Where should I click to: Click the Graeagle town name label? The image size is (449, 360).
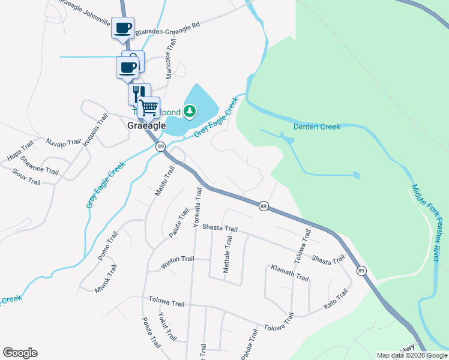click(146, 126)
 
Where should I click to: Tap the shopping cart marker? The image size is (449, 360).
click(149, 109)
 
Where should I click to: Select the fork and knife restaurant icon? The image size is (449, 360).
click(137, 94)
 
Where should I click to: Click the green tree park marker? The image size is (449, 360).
click(190, 111)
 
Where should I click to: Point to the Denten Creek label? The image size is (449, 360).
click(317, 127)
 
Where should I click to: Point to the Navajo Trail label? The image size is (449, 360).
click(63, 142)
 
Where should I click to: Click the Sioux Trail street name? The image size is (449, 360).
click(26, 176)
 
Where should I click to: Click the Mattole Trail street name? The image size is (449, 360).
click(228, 254)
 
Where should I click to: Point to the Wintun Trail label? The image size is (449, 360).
click(178, 260)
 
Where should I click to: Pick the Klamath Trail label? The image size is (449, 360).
click(289, 274)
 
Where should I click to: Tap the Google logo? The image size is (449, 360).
click(20, 353)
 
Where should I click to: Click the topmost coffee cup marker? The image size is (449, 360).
click(122, 28)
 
